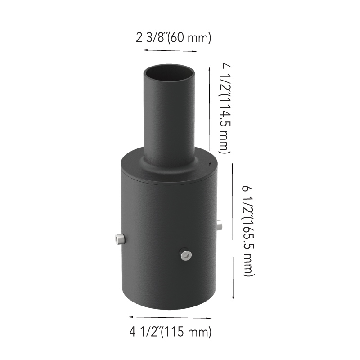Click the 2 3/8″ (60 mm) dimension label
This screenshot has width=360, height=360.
(x=174, y=37)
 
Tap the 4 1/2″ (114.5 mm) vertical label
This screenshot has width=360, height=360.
(x=225, y=108)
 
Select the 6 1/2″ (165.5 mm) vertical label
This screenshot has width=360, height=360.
(x=248, y=231)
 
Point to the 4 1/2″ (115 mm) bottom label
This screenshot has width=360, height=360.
(x=171, y=332)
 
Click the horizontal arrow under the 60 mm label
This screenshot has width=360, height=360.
(x=170, y=51)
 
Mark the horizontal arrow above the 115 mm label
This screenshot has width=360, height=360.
(x=170, y=318)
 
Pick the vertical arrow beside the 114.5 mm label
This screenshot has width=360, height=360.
(x=209, y=117)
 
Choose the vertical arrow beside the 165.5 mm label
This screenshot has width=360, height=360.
(x=233, y=231)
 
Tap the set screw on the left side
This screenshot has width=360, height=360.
(x=120, y=239)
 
